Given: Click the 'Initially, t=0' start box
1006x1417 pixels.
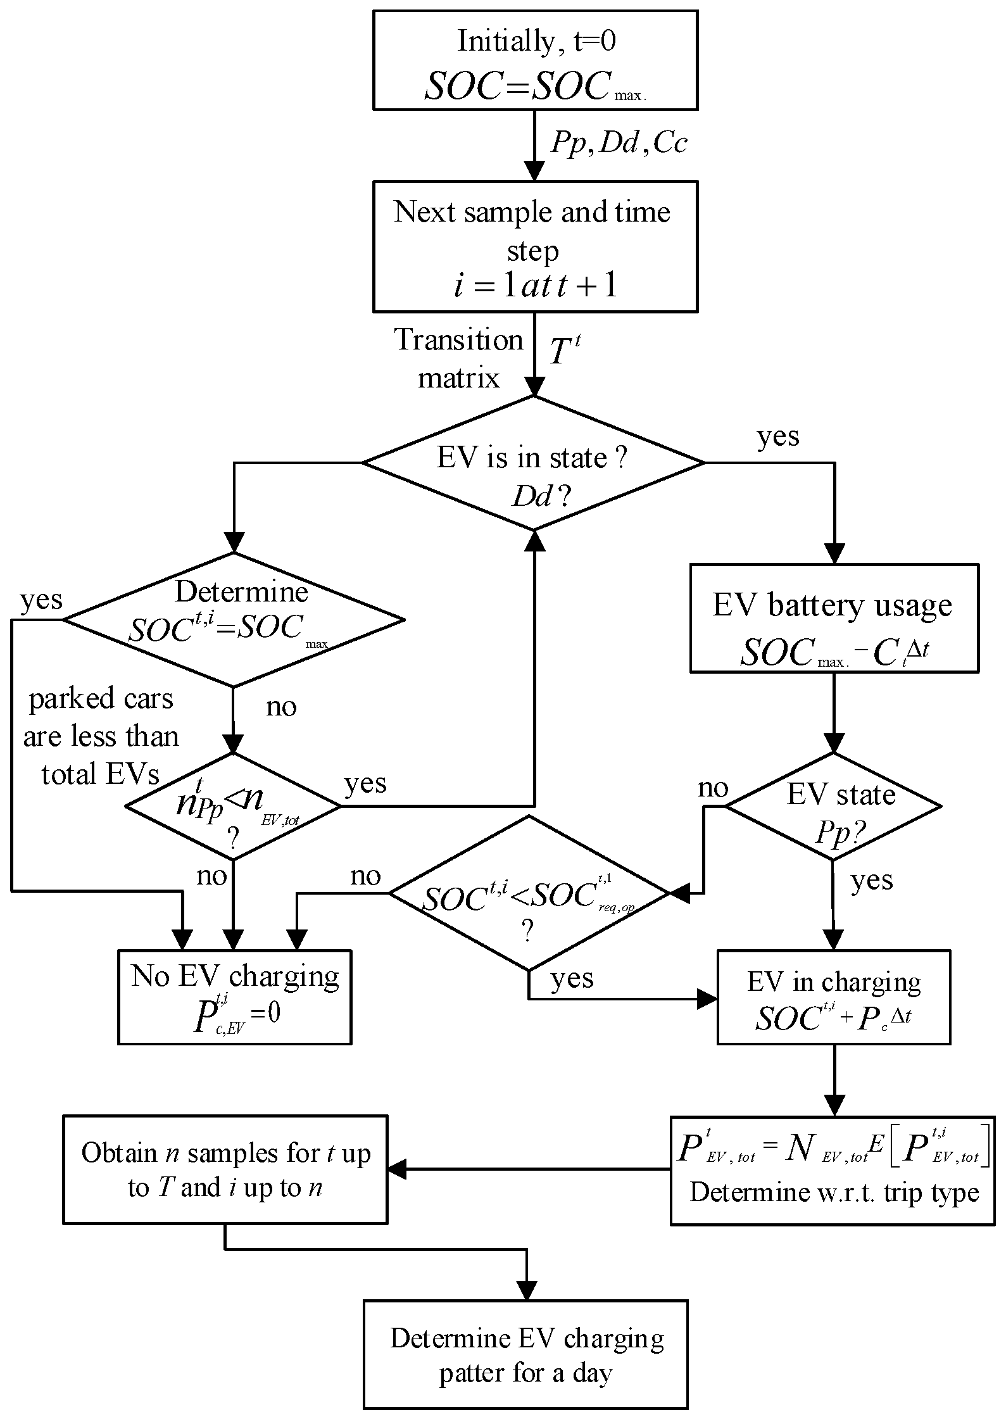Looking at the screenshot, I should click(535, 60).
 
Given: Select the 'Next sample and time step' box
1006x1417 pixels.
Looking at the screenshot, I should click(535, 246).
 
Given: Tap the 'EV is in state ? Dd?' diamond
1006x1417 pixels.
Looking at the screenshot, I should click(533, 463).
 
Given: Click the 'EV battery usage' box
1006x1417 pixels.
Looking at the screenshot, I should click(834, 618).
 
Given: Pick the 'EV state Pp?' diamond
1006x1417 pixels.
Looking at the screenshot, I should click(834, 807).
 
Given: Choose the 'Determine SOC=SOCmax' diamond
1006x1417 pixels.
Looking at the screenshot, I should click(234, 619).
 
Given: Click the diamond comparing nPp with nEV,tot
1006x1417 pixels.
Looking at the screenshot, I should click(233, 807).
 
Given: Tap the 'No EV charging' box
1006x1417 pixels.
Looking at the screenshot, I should click(234, 997).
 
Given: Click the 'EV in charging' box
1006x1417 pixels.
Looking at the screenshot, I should click(834, 997).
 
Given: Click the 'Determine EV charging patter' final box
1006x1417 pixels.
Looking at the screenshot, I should click(525, 1355).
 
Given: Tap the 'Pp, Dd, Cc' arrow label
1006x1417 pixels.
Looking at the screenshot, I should click(619, 144).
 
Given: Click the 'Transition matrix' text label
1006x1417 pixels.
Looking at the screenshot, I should click(459, 359).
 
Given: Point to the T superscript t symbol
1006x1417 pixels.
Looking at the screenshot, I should click(563, 351).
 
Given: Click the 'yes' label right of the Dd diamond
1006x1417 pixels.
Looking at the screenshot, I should click(778, 437).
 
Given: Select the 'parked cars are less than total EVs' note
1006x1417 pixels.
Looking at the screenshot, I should click(101, 736).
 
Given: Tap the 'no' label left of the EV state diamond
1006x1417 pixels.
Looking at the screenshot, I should click(713, 788).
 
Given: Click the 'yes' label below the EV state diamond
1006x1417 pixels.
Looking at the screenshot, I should click(871, 881).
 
